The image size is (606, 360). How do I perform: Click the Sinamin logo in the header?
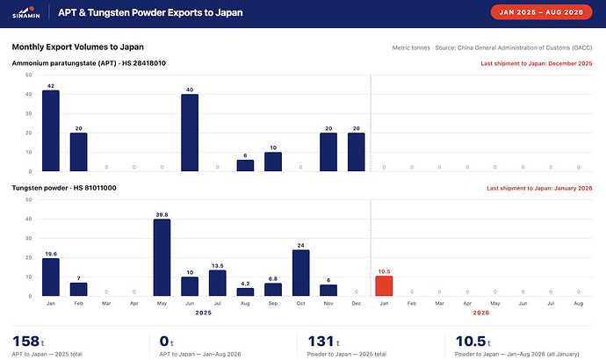(26, 12)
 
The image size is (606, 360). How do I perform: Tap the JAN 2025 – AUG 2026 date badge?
(541, 12)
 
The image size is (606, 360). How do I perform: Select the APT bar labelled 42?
(51, 131)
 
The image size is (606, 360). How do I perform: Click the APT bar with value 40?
(190, 133)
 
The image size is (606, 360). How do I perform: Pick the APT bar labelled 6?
(245, 165)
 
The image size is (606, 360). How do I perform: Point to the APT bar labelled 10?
(273, 162)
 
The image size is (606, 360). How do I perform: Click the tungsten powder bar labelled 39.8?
(162, 257)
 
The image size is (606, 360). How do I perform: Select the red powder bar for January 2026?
(384, 286)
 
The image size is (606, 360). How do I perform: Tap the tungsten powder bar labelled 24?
(301, 273)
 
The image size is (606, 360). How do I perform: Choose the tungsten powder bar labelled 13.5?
(218, 283)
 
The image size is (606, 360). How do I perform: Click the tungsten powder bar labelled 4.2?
(245, 292)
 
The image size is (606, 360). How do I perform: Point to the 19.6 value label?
(51, 254)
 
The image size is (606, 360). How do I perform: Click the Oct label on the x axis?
(300, 304)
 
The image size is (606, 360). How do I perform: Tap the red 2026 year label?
(481, 313)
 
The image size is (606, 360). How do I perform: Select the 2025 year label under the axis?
(203, 313)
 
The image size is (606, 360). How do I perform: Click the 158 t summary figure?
(28, 342)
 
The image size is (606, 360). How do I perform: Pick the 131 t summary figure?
(323, 342)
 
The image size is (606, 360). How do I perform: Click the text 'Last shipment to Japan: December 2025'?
(537, 63)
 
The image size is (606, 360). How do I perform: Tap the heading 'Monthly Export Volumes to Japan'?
(77, 47)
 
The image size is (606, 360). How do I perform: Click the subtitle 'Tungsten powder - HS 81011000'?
(64, 188)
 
